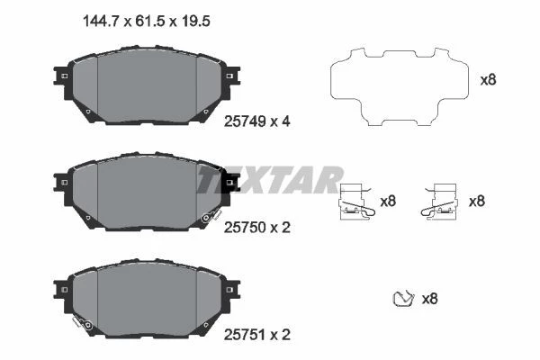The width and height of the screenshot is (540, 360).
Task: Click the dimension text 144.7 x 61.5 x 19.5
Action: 147,22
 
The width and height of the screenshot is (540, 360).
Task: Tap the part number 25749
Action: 245,121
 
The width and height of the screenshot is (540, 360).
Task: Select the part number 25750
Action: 245,228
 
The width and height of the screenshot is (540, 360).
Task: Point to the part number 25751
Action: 245,335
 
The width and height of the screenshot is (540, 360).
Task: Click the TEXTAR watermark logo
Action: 269,179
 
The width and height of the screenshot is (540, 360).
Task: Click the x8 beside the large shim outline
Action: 488,80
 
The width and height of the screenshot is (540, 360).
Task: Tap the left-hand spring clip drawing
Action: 356,202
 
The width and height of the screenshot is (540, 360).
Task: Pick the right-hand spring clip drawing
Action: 440,202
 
